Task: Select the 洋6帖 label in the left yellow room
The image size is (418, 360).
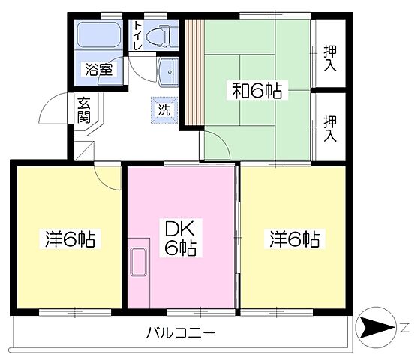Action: click(67, 240)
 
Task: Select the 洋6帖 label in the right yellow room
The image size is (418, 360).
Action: click(295, 240)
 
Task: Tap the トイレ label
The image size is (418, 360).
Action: click(138, 35)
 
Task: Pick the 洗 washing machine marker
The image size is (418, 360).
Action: click(164, 109)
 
